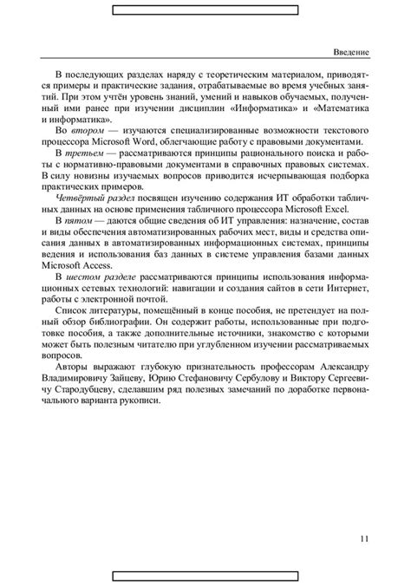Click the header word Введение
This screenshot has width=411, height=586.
click(352, 53)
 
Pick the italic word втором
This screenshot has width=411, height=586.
click(85, 131)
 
